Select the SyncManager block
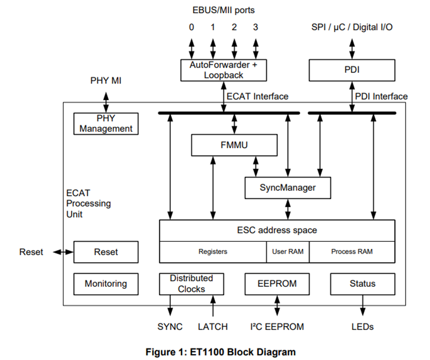tap(287, 188)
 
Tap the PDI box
tap(352, 70)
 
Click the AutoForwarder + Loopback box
tap(224, 70)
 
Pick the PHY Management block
tap(106, 124)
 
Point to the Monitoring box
tap(105, 284)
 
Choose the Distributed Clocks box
tap(191, 284)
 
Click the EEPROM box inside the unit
tap(277, 284)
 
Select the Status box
tap(363, 284)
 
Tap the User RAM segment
tap(287, 252)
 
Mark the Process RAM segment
tap(352, 252)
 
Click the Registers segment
tap(213, 252)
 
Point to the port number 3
tap(255, 27)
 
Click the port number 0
tap(191, 27)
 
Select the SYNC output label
tap(170, 327)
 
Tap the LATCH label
tap(213, 327)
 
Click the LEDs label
tap(363, 327)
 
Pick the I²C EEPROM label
tap(277, 327)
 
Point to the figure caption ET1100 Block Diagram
tap(221, 352)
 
